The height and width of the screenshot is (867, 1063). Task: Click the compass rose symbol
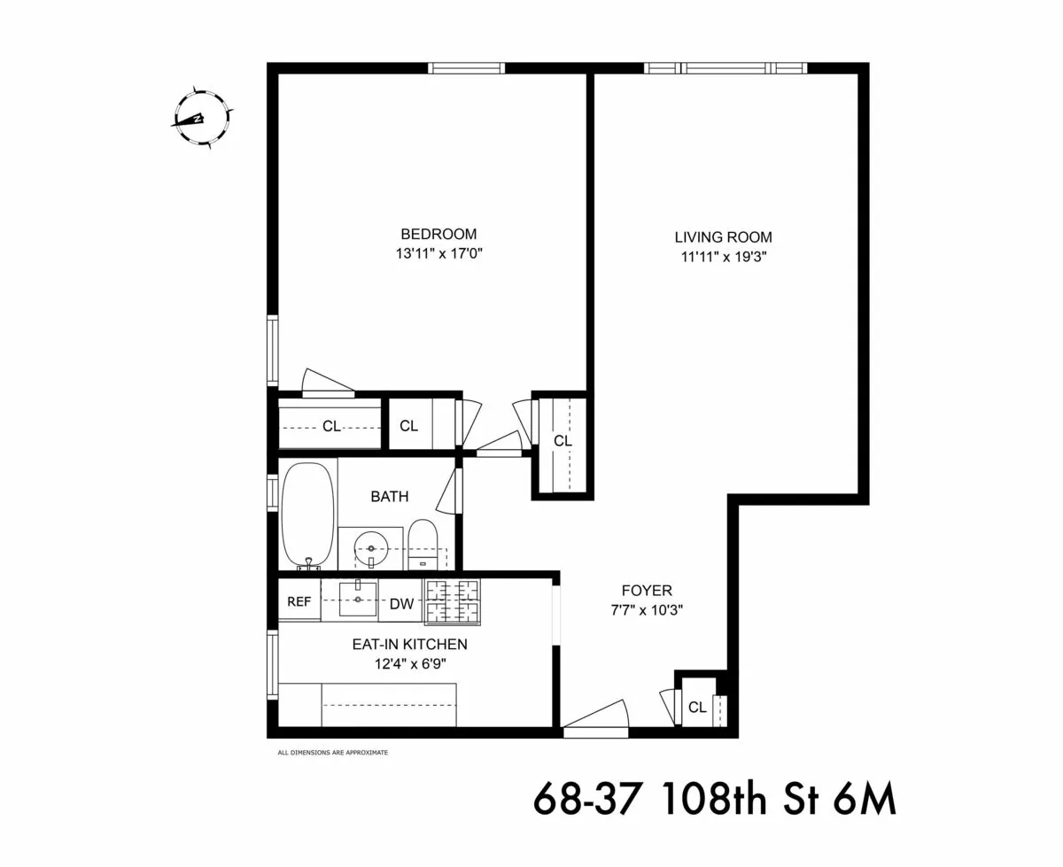pos(202,119)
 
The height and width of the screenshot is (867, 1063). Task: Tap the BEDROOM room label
pos(438,235)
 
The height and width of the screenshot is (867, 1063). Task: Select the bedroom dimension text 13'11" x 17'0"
pos(438,254)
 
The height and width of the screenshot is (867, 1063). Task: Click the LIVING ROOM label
pos(723,237)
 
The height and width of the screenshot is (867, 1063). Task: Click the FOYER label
pos(646,591)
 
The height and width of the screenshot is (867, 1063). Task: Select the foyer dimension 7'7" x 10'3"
pos(646,610)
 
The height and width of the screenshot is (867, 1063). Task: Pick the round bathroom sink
pos(370,549)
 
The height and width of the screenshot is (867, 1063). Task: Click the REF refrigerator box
pos(299,602)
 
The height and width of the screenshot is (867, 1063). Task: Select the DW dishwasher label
pos(401,604)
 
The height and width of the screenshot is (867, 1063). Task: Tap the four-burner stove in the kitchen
pos(452,601)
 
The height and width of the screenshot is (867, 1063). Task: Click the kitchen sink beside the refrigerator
pos(357,599)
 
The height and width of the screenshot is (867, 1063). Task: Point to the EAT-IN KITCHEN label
pos(409,645)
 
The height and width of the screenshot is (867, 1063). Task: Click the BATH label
pos(390,497)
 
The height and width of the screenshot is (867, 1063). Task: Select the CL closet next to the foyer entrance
pos(698,707)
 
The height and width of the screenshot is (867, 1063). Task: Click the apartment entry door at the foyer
pos(595,719)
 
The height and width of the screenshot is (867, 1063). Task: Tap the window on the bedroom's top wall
pos(467,68)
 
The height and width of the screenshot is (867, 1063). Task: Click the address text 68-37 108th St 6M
pos(714,800)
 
